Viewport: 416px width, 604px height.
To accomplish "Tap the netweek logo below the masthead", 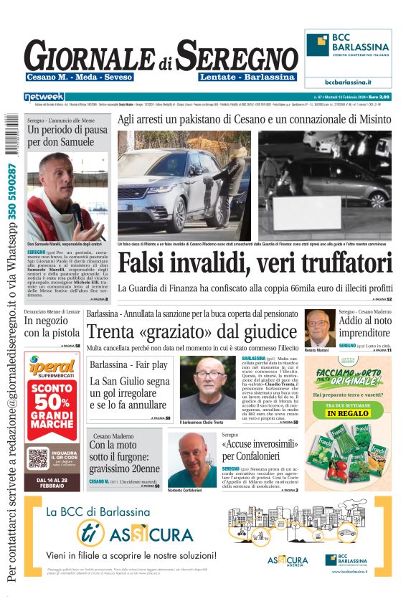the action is tap(44, 96).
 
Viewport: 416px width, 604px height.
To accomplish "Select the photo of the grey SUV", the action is tap(184, 183).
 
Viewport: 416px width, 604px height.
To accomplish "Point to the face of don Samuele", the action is tap(55, 176).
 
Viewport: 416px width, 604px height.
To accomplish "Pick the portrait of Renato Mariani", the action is tap(318, 328).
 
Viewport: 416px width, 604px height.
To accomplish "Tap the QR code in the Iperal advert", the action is tap(37, 458).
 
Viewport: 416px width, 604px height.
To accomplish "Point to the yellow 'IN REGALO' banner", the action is tap(351, 413).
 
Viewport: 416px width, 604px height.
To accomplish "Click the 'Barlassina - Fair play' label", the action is tap(128, 365).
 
